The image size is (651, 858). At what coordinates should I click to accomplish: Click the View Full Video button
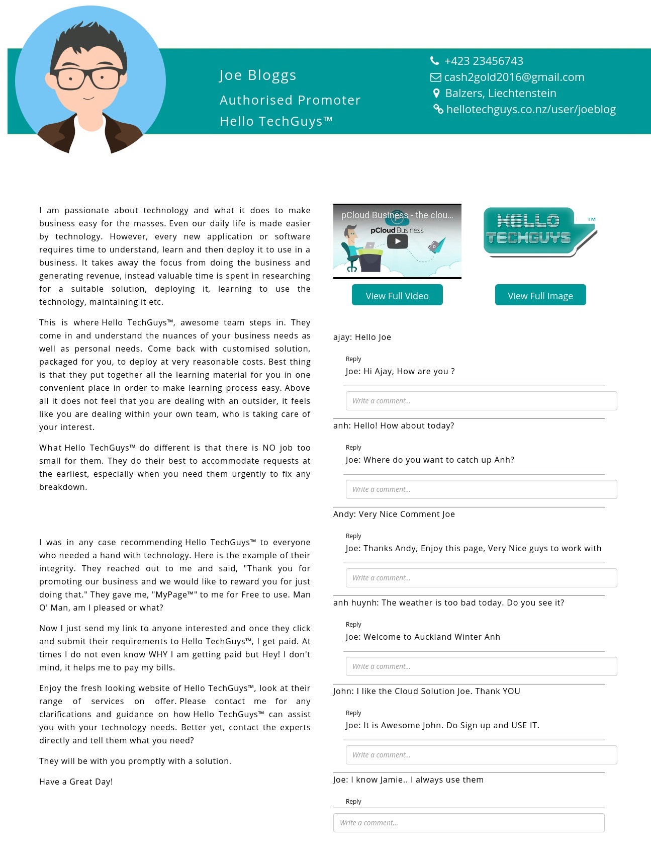397,295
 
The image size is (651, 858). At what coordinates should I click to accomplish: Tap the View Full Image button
540,295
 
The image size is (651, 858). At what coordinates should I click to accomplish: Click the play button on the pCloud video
397,241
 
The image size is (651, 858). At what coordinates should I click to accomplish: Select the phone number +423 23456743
484,61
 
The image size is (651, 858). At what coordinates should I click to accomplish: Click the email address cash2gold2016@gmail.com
514,77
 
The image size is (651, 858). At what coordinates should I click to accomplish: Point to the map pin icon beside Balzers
436,93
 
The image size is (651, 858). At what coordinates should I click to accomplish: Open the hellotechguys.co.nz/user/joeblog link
530,110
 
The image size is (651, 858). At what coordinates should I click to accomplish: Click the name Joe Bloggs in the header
258,75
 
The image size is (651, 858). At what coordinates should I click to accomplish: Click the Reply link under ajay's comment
353,359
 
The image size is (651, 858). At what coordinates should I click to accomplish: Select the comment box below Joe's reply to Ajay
481,401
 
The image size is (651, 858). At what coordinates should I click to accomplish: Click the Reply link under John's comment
353,713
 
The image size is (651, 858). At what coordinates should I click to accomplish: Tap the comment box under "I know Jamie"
469,823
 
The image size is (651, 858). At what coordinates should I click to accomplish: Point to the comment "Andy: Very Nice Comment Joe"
394,514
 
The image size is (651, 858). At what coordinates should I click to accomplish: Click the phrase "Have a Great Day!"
76,782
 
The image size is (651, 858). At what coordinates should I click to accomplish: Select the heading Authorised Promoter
290,101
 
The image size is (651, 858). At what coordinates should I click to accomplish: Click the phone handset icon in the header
435,61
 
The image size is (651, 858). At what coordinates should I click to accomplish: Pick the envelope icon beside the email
435,77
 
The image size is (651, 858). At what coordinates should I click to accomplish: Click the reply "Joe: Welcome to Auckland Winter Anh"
423,637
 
